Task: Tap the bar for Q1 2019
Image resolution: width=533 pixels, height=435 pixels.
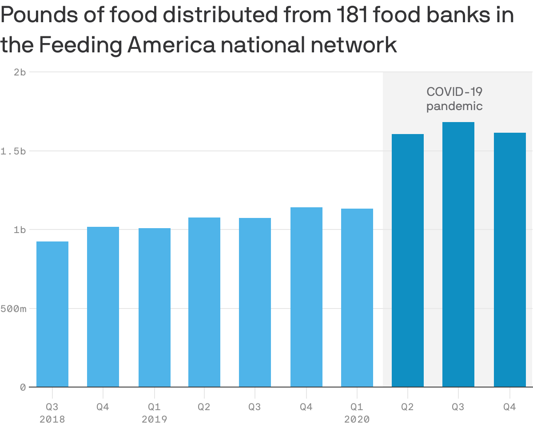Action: pyautogui.click(x=155, y=308)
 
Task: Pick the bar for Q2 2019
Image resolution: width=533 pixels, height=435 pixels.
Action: pyautogui.click(x=204, y=302)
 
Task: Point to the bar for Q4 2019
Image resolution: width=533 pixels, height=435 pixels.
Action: pyautogui.click(x=306, y=297)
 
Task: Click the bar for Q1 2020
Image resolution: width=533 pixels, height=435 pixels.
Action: pyautogui.click(x=357, y=298)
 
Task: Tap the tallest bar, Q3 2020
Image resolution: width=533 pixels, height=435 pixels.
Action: pyautogui.click(x=458, y=255)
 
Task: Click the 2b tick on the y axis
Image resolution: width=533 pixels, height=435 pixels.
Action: pyautogui.click(x=20, y=72)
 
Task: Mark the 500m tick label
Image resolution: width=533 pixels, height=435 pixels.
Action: pyautogui.click(x=13, y=308)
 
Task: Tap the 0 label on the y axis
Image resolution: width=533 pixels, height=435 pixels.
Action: pyautogui.click(x=22, y=387)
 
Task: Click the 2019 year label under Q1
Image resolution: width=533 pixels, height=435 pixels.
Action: pyautogui.click(x=155, y=419)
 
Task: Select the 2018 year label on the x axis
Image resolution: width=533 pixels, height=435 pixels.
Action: pyautogui.click(x=52, y=419)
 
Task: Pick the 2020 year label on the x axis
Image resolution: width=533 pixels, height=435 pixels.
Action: pyautogui.click(x=357, y=419)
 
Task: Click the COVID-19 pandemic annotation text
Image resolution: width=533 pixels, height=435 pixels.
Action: pyautogui.click(x=454, y=99)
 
